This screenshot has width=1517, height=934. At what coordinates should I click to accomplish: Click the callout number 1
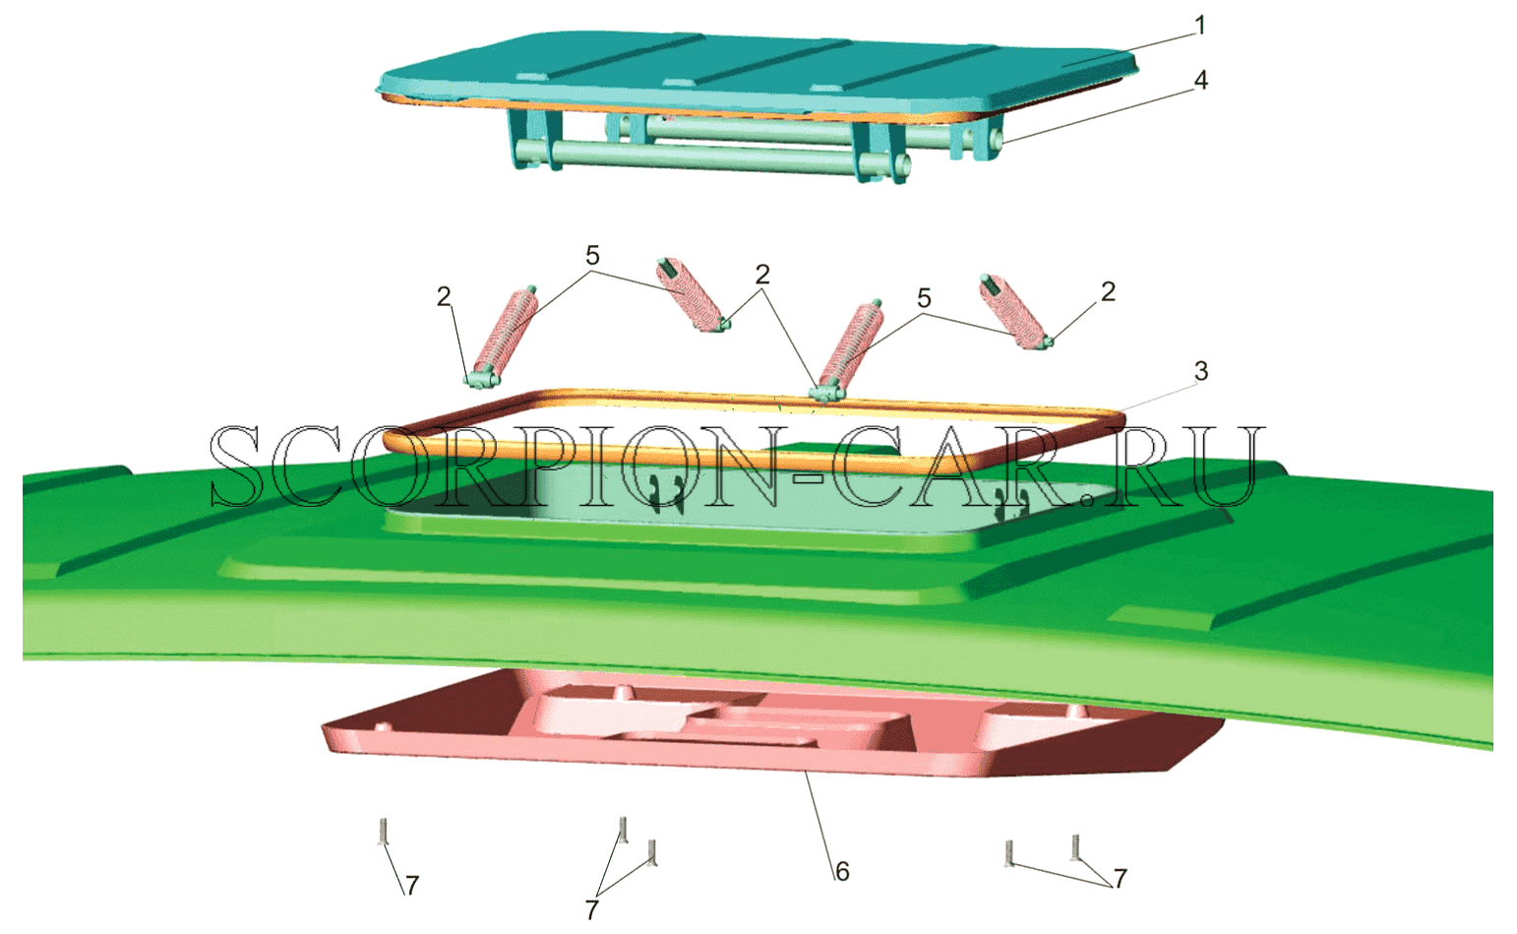pos(1200,27)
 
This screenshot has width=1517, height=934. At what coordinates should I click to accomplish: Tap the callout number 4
pos(1200,81)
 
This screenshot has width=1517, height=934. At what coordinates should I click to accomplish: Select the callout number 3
pos(1201,371)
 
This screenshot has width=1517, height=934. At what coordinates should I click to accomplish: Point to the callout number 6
pos(842,872)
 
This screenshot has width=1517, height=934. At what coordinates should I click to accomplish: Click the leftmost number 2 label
pos(444,296)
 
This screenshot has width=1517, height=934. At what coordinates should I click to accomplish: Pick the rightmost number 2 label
pos(1108,292)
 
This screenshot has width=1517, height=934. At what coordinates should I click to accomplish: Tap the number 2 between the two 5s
pos(762,275)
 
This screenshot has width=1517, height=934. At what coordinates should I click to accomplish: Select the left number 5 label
pos(592,256)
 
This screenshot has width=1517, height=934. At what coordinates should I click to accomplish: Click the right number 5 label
pos(925,298)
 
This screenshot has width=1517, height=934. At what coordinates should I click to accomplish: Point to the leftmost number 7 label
pos(412,885)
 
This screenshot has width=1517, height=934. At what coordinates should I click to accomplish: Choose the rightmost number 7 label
pos(1121,879)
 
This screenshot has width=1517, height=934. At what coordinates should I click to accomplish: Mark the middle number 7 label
pos(592,910)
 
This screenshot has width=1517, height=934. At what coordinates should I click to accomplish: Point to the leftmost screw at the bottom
pos(383,831)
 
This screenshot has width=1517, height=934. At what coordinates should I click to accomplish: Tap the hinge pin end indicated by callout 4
pos(999,140)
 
